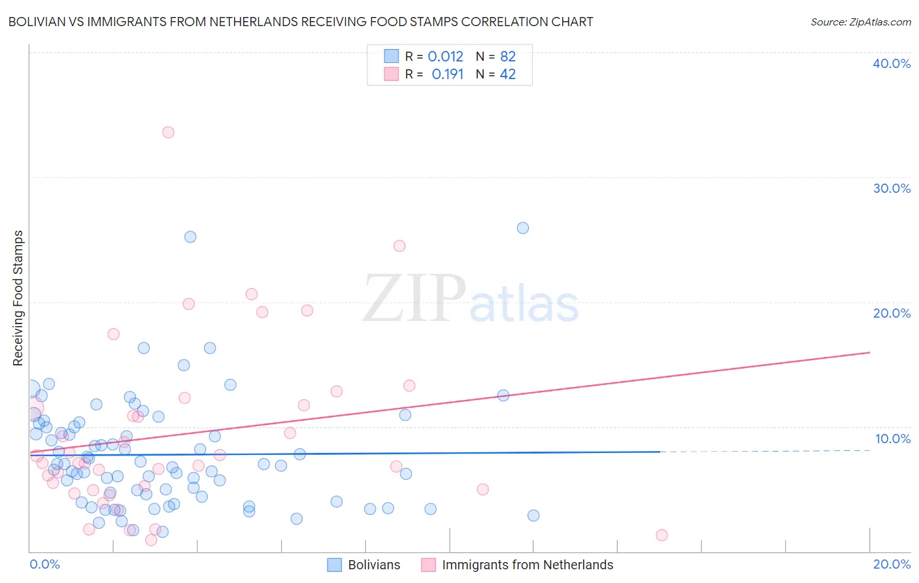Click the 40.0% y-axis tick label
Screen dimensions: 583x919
click(x=892, y=63)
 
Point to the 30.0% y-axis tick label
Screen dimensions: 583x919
click(x=892, y=188)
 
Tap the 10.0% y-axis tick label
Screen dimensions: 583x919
click(x=893, y=439)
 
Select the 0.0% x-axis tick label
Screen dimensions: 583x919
click(x=44, y=564)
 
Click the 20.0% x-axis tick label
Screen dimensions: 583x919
click(x=892, y=564)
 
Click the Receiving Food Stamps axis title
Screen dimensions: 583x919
click(x=18, y=298)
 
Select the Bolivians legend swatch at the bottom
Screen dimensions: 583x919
click(x=335, y=565)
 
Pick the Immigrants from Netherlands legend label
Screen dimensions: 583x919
click(x=527, y=565)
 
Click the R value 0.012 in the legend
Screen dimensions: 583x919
click(x=445, y=56)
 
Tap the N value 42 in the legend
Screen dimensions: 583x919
click(x=508, y=74)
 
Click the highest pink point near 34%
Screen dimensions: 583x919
click(x=168, y=132)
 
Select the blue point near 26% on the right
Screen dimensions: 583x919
click(x=523, y=228)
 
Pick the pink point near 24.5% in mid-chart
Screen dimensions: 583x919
click(x=399, y=246)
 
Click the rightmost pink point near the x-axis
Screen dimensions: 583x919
click(x=661, y=535)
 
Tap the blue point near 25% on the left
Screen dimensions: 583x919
click(x=190, y=237)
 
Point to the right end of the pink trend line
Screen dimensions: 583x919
click(x=869, y=352)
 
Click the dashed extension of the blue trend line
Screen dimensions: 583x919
click(x=765, y=451)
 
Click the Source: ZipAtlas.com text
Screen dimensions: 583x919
click(x=860, y=22)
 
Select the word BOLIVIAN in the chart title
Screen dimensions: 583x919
click(x=41, y=22)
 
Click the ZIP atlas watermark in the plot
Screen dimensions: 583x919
click(x=471, y=299)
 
